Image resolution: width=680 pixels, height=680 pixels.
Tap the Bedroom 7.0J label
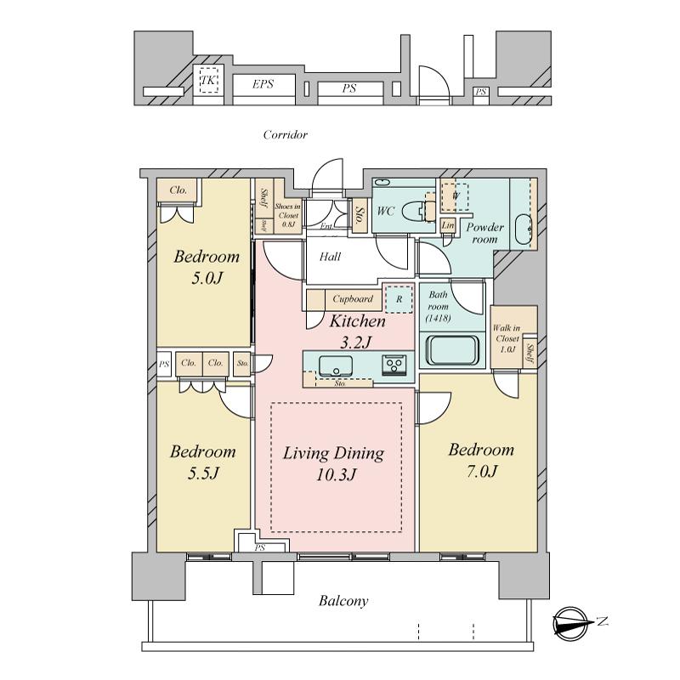click(481, 460)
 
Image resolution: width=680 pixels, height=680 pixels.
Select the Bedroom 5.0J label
click(207, 266)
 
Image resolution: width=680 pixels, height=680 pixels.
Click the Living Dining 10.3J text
click(333, 464)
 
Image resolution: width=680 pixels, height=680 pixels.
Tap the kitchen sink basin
click(337, 366)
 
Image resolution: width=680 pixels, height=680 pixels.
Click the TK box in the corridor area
click(208, 82)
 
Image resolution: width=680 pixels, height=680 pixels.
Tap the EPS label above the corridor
click(262, 84)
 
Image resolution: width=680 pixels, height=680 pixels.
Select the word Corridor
click(285, 135)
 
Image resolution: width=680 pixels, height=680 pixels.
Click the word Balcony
click(343, 601)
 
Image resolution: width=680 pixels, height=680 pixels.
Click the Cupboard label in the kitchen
click(352, 299)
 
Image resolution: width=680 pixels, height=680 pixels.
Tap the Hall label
click(331, 256)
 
